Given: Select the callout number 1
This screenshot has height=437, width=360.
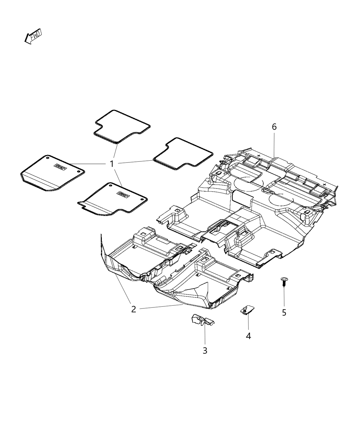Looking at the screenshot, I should pyautogui.click(x=111, y=164).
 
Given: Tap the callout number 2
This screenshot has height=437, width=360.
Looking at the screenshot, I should pyautogui.click(x=133, y=309).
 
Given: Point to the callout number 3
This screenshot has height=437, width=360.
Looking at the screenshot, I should pyautogui.click(x=205, y=351).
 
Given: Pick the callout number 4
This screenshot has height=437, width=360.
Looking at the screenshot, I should pyautogui.click(x=248, y=336).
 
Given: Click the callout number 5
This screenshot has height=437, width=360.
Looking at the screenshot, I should pyautogui.click(x=284, y=313).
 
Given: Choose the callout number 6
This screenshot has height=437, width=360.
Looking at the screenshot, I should pyautogui.click(x=274, y=127).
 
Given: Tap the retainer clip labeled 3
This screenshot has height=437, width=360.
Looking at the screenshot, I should pyautogui.click(x=202, y=320).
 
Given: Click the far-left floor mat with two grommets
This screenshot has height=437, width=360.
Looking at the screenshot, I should pyautogui.click(x=51, y=172).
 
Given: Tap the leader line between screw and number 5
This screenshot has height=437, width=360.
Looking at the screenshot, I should pyautogui.click(x=284, y=296).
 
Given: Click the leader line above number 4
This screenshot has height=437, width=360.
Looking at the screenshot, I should pyautogui.click(x=248, y=323).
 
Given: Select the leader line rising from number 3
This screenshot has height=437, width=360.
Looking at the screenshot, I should pyautogui.click(x=205, y=334).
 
